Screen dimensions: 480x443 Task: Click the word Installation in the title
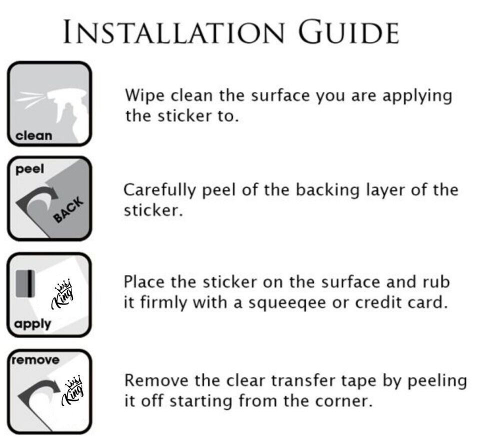174,31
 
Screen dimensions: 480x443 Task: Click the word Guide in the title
348,31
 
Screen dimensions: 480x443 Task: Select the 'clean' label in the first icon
33,135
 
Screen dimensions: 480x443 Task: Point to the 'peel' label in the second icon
29,169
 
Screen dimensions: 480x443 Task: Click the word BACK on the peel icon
68,209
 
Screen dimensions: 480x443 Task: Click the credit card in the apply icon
25,283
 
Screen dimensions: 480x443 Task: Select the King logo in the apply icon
62,293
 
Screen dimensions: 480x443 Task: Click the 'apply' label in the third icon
32,324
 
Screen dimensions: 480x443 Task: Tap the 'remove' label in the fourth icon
35,359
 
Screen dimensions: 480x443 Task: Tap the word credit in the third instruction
378,302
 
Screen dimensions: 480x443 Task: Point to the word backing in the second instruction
328,190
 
